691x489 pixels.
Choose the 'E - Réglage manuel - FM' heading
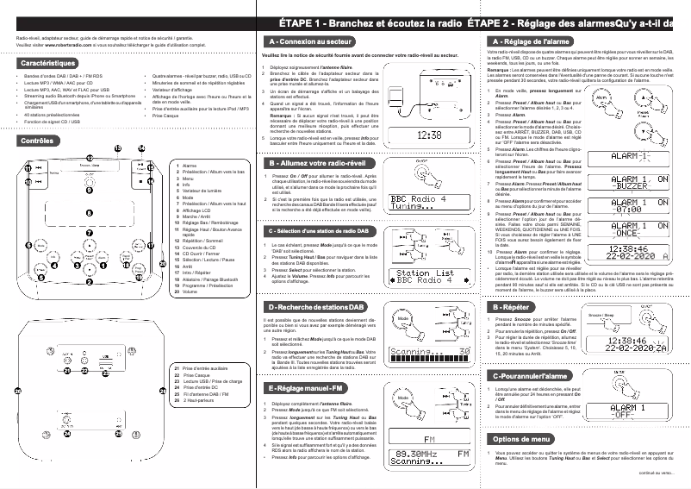[x=309, y=389]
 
